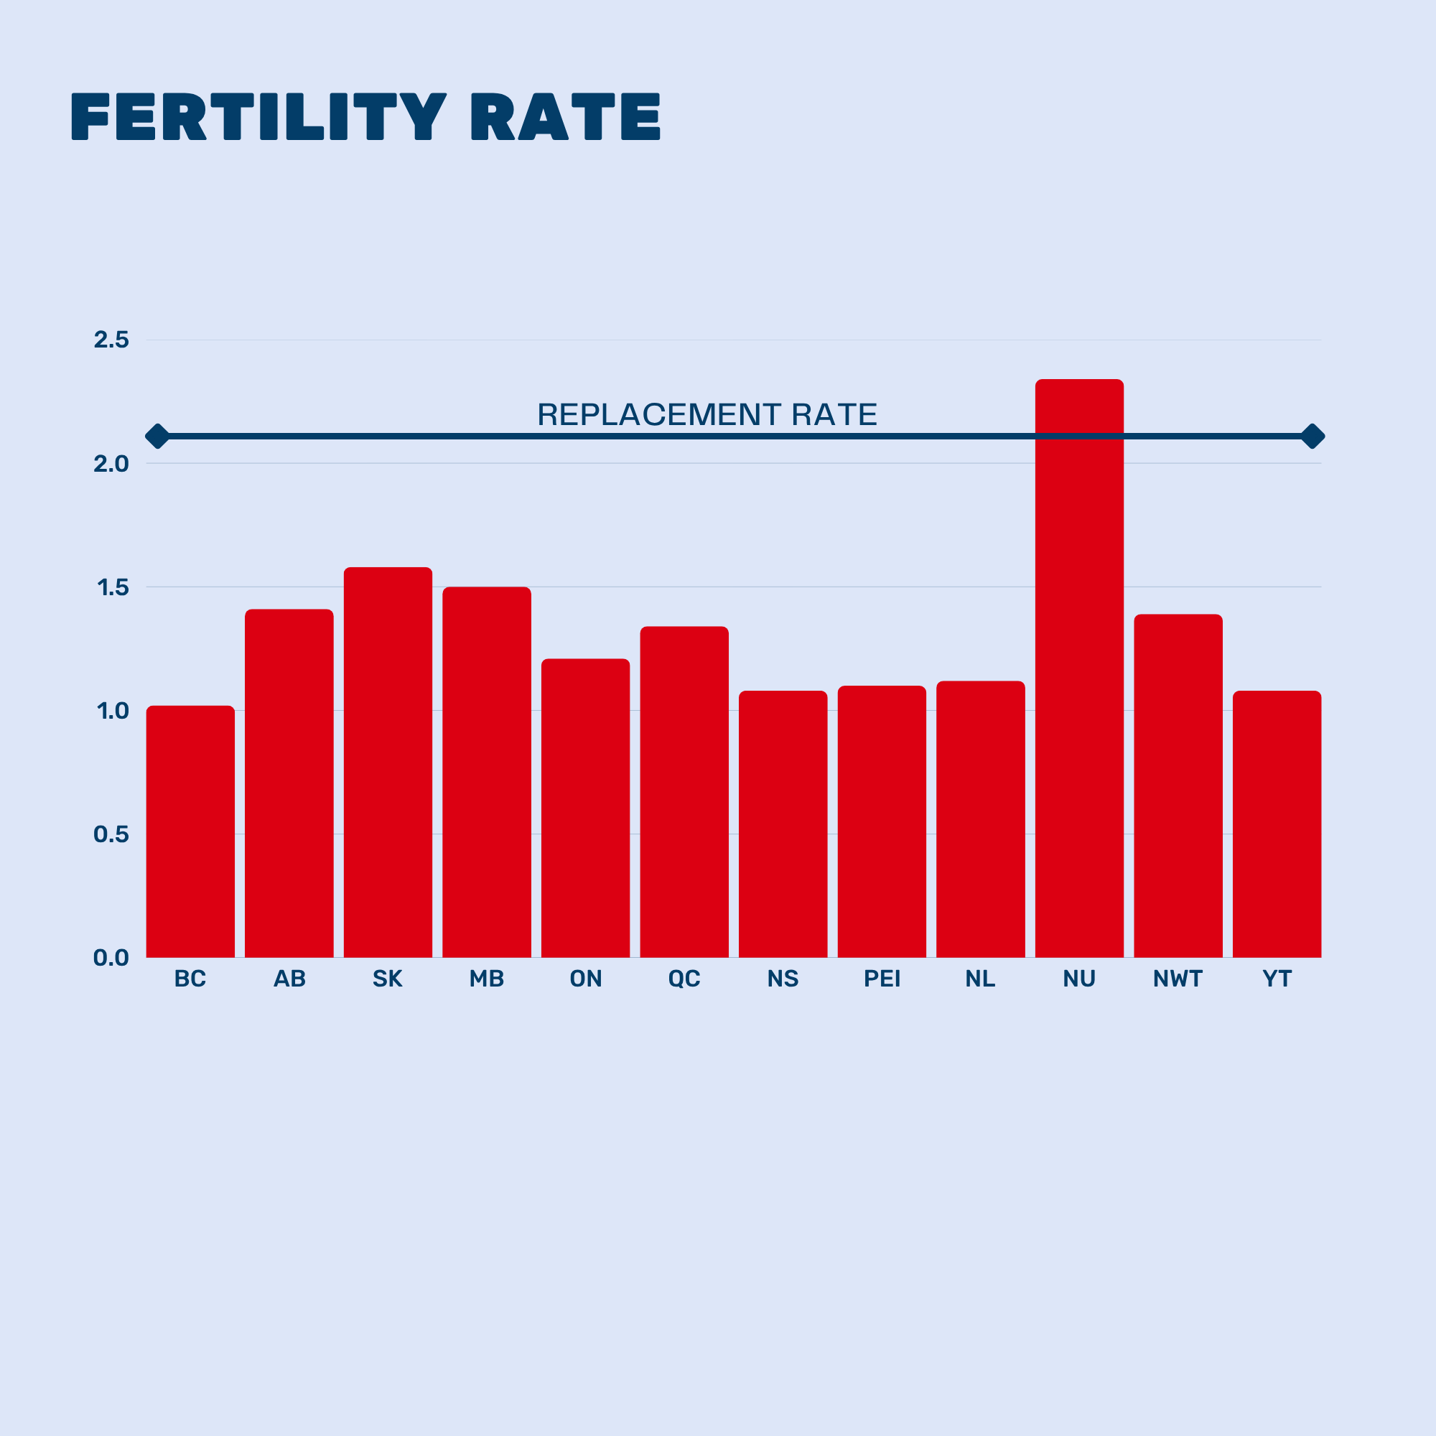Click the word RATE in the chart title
[566, 117]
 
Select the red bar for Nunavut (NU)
[1079, 669]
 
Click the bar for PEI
[882, 821]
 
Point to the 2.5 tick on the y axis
[111, 340]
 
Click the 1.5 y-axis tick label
[112, 588]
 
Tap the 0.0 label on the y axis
[111, 957]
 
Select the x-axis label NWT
[1178, 979]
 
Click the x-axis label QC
[684, 979]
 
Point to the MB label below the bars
[487, 979]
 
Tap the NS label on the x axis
[783, 979]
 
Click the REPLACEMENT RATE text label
[707, 415]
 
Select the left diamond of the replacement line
[157, 437]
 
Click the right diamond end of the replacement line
[1313, 437]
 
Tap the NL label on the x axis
[980, 979]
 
